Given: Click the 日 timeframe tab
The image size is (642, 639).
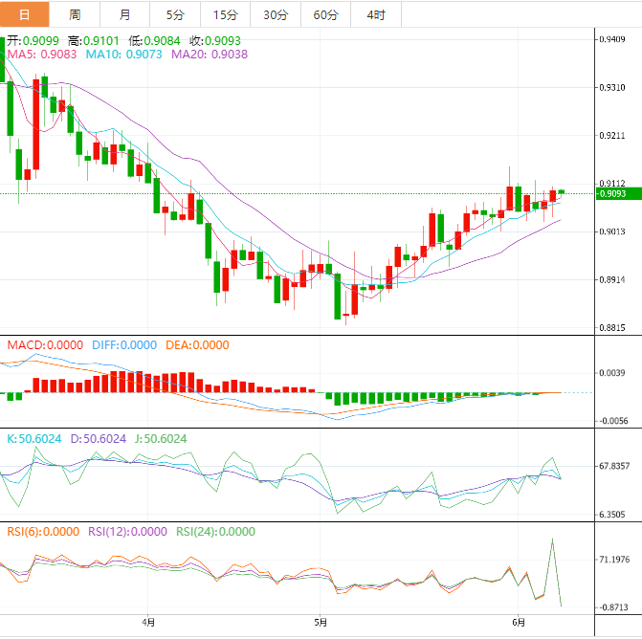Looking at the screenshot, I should point(25,14).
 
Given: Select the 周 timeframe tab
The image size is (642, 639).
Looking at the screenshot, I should point(75,14).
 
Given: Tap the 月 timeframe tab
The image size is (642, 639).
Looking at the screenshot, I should point(125,14).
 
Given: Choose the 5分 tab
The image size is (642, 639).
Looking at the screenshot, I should point(175,14).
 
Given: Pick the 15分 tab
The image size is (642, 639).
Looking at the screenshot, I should point(226,14).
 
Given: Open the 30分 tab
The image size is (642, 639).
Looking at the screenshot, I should point(276,14).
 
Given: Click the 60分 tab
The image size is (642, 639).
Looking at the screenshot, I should point(326,14).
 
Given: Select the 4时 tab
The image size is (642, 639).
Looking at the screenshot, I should point(376,14).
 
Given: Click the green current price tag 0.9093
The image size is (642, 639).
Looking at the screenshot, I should point(611,194).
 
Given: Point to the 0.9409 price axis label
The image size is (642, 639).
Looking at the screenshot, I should point(611,39).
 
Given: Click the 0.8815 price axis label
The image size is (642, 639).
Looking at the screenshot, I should point(611,328).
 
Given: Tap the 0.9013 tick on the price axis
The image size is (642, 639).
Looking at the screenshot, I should point(611,231).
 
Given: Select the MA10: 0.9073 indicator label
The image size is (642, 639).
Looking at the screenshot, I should point(123,55).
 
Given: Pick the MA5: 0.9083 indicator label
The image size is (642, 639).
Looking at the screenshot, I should point(42,55).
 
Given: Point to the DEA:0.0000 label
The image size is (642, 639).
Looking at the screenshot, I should point(197,345).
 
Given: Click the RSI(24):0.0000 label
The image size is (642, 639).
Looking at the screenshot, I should point(216,532).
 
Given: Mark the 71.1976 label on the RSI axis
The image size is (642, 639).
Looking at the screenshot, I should point(613,559).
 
